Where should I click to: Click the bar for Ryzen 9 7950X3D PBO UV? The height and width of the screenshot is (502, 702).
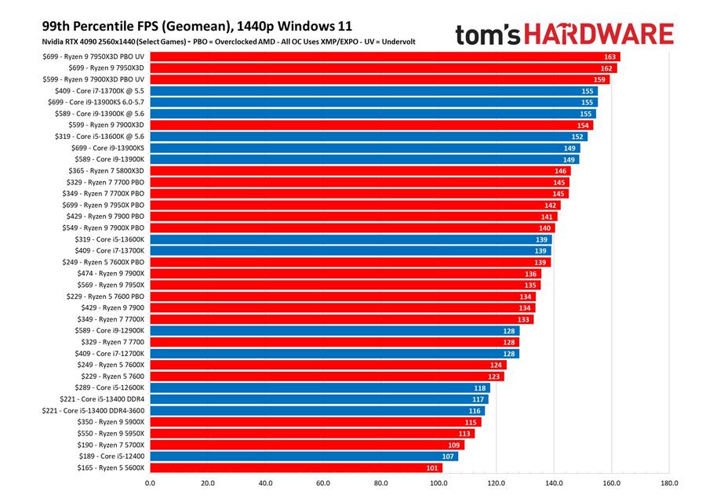(x=384, y=56)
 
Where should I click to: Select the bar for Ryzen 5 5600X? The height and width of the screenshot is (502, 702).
(x=296, y=467)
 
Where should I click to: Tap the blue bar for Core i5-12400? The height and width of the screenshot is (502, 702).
(x=304, y=456)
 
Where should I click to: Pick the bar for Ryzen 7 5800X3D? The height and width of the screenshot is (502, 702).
(x=360, y=170)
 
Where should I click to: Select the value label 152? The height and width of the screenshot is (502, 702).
(x=578, y=136)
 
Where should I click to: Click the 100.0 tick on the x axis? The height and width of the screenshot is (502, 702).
(x=438, y=483)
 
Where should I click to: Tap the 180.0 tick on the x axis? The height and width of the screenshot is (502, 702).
(x=669, y=483)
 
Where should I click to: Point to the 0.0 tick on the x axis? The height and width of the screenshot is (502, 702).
(x=150, y=483)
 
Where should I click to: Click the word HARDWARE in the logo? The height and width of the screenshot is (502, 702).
(x=599, y=35)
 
